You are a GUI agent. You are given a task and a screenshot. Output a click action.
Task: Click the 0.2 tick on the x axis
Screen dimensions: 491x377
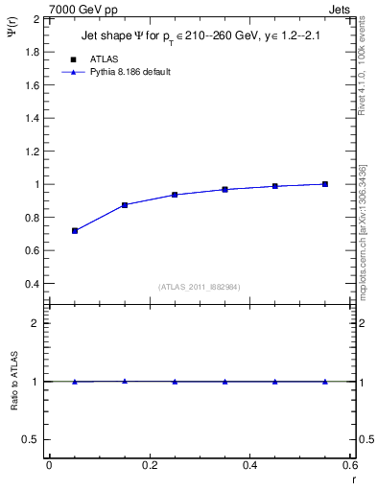click(x=149, y=465)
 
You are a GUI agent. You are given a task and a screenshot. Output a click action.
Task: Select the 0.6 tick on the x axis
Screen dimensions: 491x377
click(x=349, y=465)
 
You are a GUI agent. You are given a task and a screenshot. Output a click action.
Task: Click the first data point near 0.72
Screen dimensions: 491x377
click(x=75, y=230)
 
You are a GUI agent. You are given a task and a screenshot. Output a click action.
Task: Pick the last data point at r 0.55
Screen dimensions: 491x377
click(x=325, y=184)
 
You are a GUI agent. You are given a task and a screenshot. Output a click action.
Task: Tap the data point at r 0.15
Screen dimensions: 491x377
click(x=125, y=205)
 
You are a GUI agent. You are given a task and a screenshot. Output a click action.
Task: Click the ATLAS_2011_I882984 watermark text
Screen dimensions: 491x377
click(x=200, y=287)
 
